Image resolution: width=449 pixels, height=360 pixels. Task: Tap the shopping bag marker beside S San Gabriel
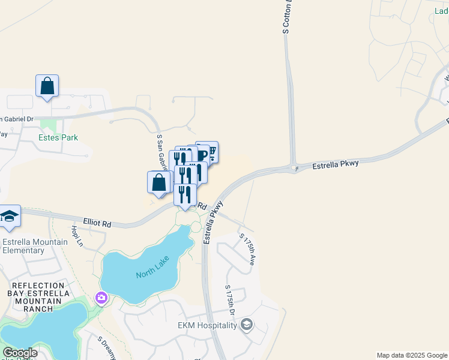tap(158, 182)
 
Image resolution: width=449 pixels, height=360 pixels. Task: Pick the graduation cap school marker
tap(10, 216)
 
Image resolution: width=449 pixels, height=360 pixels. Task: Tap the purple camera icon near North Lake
tap(101, 297)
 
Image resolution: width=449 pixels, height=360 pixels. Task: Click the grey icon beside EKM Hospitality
tap(246, 325)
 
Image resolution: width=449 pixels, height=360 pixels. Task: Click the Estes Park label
tap(58, 137)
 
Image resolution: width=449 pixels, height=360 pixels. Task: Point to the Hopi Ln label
tap(76, 236)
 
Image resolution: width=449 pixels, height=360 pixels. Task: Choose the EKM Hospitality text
tap(207, 326)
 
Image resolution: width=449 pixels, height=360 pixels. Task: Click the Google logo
tap(20, 353)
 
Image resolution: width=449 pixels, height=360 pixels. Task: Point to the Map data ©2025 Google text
tap(412, 355)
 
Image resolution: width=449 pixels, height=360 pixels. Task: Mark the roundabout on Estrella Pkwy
tap(294, 168)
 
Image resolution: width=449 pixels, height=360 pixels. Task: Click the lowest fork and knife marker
tap(185, 194)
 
